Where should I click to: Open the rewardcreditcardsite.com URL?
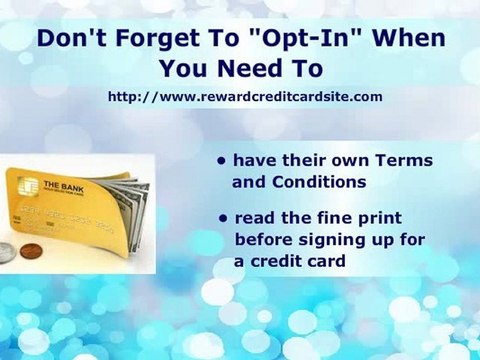pos(245,97)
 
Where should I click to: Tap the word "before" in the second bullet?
pos(262,240)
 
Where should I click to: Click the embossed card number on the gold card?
pos(75,218)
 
